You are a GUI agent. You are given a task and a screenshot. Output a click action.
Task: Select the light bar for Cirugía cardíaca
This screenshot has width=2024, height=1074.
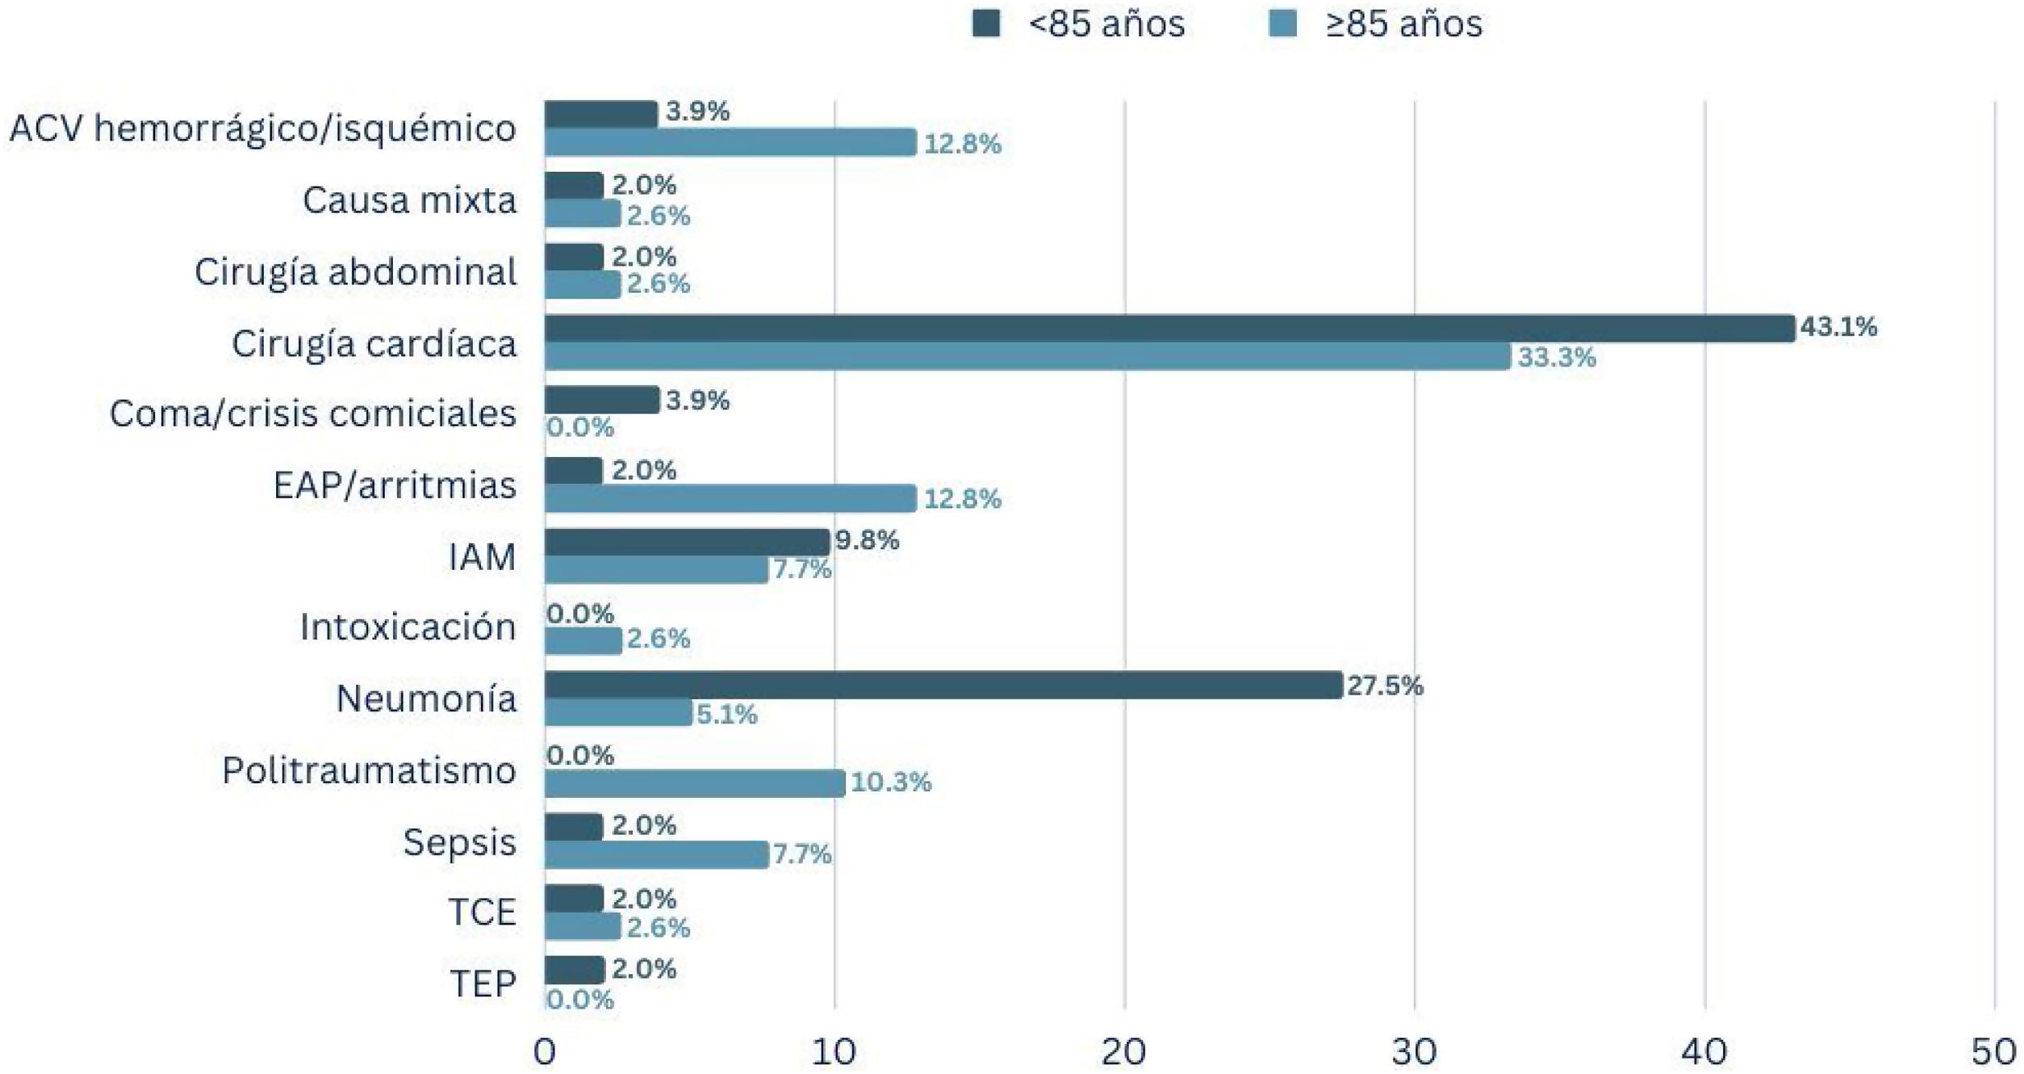tap(1027, 357)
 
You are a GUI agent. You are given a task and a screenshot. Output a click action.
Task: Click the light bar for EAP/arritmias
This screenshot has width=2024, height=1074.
tap(730, 498)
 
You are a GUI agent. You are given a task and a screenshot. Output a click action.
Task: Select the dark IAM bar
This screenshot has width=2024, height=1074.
tap(686, 542)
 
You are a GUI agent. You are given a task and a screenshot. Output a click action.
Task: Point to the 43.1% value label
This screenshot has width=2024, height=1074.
tap(1838, 327)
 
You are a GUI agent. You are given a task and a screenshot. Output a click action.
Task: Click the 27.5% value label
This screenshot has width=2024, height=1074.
tap(1385, 686)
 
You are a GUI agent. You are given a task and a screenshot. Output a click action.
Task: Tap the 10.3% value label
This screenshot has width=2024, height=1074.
tap(891, 782)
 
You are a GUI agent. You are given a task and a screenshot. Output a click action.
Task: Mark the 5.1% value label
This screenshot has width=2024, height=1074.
tap(726, 715)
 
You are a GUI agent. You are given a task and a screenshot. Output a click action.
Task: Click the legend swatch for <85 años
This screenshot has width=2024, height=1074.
tap(986, 23)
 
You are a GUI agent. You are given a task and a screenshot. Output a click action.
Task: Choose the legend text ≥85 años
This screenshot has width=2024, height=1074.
tap(1403, 24)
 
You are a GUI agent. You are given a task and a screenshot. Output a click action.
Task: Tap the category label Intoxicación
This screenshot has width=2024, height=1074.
tap(408, 627)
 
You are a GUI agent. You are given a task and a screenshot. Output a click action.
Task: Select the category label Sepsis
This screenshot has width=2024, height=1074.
tap(459, 843)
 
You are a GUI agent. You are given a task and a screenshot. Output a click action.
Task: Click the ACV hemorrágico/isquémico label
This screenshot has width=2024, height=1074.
tap(262, 129)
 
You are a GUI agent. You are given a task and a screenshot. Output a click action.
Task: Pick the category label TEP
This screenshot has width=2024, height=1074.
tap(482, 984)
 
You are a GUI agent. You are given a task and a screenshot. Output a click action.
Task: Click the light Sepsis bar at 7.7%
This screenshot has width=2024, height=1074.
tap(655, 854)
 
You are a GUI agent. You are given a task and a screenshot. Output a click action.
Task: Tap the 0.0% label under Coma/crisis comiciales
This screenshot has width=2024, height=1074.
tap(580, 427)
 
